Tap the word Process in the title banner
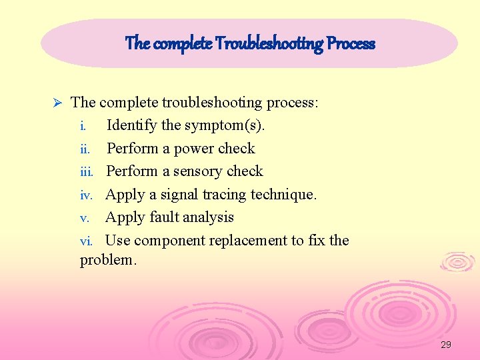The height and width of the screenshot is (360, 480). [351, 44]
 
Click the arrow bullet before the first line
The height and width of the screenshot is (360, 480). [57, 103]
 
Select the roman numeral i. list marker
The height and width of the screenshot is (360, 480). [83, 125]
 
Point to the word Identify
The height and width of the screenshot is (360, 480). [132, 125]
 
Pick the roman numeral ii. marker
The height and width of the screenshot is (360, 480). [84, 149]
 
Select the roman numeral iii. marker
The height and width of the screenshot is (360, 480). [87, 171]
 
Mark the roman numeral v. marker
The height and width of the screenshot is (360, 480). [84, 217]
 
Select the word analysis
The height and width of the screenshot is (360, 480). [210, 217]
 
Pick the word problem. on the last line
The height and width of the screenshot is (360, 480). [108, 260]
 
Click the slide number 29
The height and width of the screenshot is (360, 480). [446, 345]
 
